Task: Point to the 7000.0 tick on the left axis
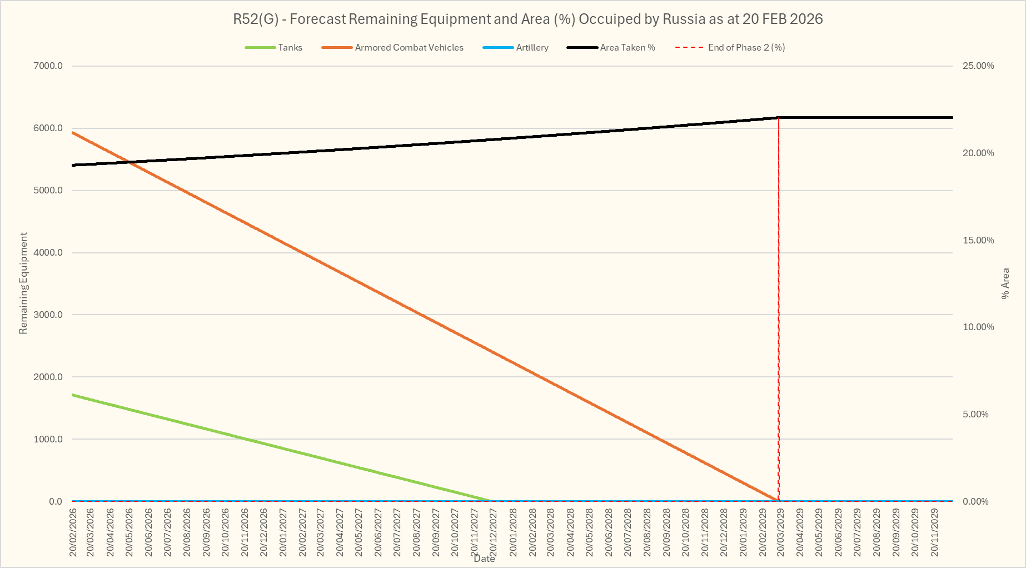tap(48, 66)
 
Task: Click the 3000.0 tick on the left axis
tap(48, 315)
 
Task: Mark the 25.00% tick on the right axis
tap(978, 66)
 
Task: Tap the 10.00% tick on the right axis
tap(978, 327)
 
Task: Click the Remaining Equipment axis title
tap(23, 283)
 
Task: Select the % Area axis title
tap(1005, 283)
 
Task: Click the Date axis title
tap(484, 559)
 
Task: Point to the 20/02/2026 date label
tap(73, 532)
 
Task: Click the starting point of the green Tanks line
tap(73, 395)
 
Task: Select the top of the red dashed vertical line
tap(779, 118)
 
